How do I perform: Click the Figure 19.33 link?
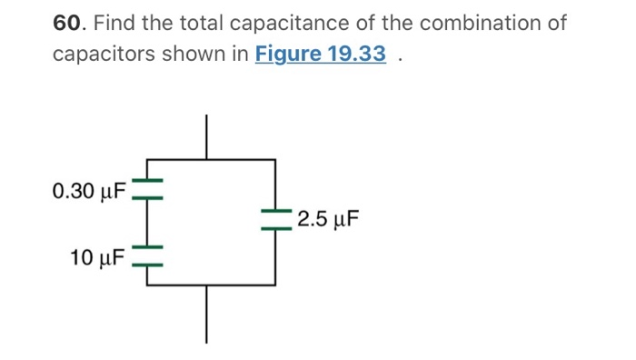pos(321,55)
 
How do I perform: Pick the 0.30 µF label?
pos(90,191)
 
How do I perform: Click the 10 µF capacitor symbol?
pos(147,255)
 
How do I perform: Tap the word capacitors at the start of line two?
pos(102,55)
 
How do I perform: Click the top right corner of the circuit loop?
pos(274,159)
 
